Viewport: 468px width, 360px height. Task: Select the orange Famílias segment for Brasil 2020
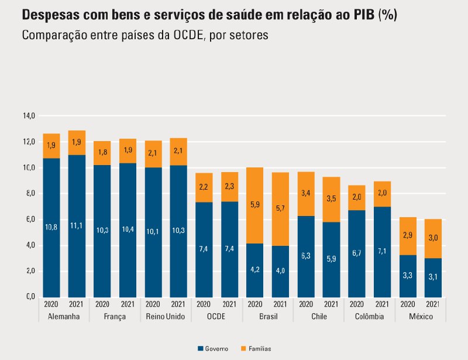click(x=254, y=205)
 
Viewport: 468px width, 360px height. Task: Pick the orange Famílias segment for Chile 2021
click(x=331, y=199)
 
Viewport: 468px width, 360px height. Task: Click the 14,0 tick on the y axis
click(x=29, y=116)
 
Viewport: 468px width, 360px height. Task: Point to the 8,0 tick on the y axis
click(x=29, y=194)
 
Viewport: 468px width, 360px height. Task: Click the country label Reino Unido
click(x=166, y=317)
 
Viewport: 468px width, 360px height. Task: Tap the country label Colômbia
click(x=369, y=317)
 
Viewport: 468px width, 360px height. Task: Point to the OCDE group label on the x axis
click(x=216, y=317)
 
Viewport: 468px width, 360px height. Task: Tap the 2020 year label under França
click(x=102, y=304)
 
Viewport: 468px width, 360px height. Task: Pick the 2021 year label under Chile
click(x=331, y=304)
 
